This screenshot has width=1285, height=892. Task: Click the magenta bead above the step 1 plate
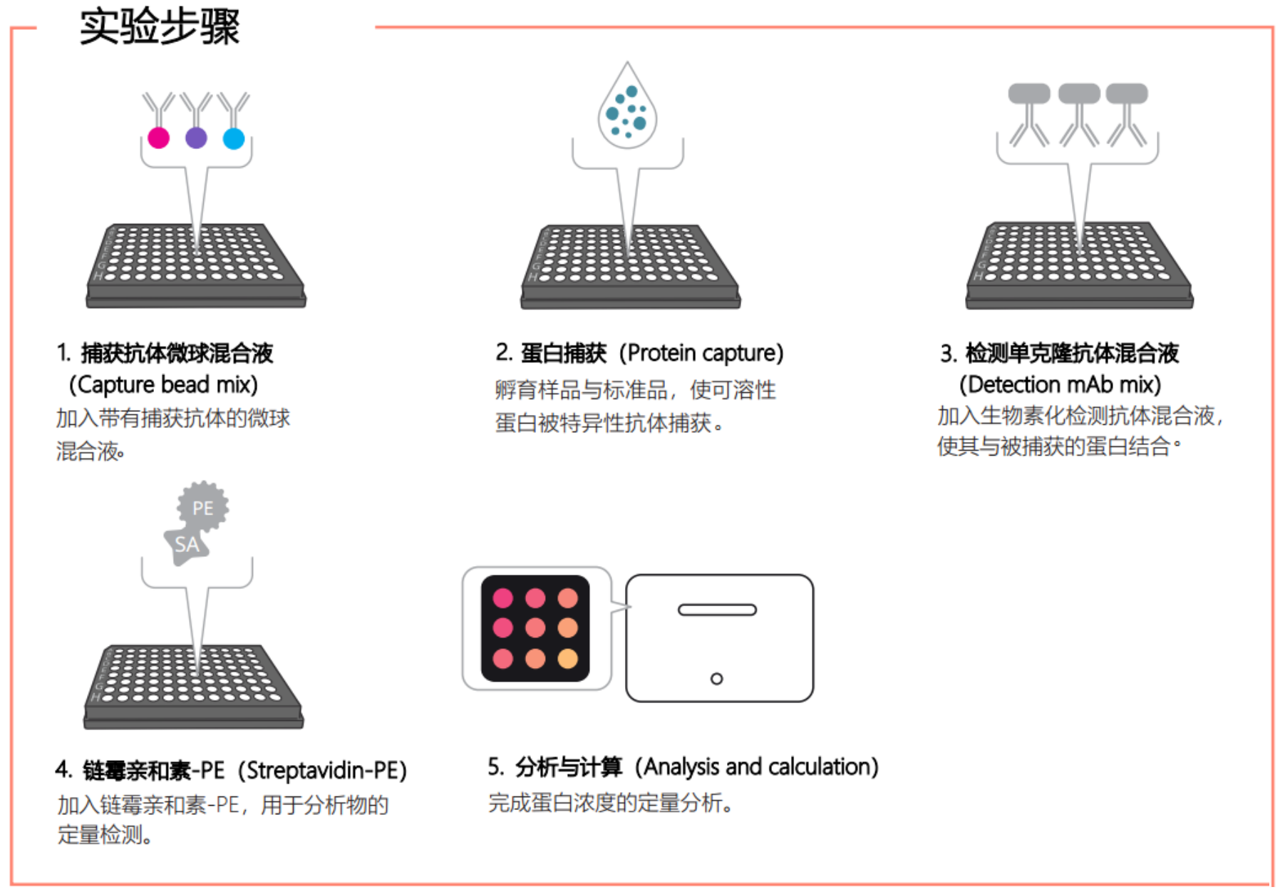(x=158, y=138)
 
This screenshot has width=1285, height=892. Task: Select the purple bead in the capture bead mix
(x=196, y=138)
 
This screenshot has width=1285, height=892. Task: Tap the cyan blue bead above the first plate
(x=234, y=138)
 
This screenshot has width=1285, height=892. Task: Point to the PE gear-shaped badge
(x=203, y=507)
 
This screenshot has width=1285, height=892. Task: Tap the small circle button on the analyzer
(x=716, y=679)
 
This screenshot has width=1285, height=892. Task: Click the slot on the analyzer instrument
(x=717, y=610)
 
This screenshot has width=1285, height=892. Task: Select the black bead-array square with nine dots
(x=535, y=628)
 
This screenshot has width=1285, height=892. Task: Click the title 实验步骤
(x=160, y=27)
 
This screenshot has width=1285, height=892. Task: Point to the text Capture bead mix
(x=163, y=385)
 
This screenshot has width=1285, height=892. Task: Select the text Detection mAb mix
(x=1060, y=385)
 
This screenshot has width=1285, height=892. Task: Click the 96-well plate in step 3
(x=1079, y=265)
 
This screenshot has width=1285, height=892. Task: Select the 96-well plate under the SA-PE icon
(x=194, y=687)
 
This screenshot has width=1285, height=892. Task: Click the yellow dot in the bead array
(x=568, y=658)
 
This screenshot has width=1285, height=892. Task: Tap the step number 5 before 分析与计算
(x=494, y=767)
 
